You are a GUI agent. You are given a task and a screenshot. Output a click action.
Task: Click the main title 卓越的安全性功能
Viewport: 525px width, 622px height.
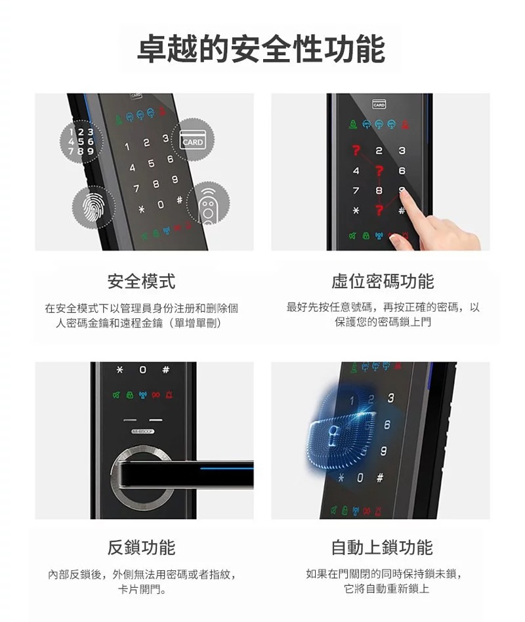coord(261,50)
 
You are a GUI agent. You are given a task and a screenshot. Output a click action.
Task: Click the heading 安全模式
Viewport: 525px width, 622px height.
coord(141,282)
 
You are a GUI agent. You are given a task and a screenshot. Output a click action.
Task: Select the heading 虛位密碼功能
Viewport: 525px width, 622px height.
coord(383,282)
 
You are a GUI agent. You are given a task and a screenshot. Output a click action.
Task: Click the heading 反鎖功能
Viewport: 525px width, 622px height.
coord(141,547)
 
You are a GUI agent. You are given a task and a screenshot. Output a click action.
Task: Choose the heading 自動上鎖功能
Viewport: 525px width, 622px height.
coord(382,547)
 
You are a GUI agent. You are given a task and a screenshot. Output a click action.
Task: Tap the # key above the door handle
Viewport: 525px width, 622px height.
coord(165,371)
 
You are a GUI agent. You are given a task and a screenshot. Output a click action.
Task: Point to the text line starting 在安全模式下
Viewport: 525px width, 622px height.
coord(141,308)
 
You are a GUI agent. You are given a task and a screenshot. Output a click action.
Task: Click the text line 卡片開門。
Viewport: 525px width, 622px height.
coord(142,589)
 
